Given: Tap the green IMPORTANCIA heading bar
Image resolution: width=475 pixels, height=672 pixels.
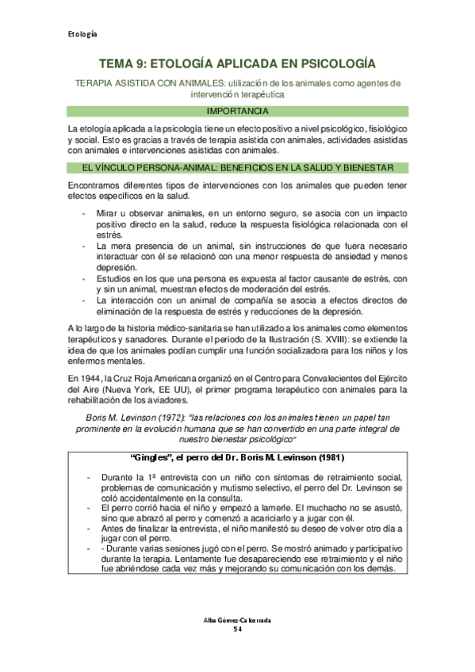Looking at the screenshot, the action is click(x=237, y=110).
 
